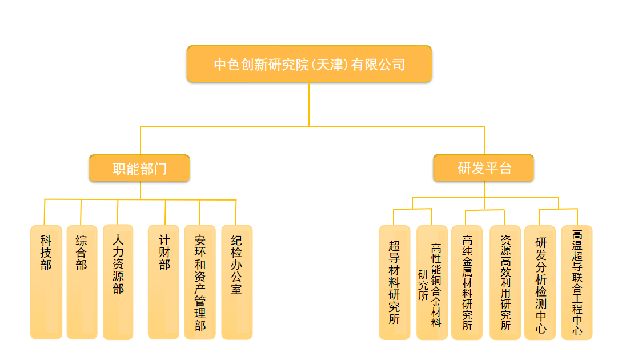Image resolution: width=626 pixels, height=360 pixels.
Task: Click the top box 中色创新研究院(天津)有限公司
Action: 309,64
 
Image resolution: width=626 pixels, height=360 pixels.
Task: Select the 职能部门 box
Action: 139,169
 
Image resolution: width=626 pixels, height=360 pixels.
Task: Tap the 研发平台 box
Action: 484,169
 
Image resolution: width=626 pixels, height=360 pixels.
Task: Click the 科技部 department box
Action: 46,282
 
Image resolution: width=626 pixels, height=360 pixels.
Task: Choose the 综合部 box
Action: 82,282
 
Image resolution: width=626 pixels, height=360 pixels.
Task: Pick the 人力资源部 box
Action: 118,282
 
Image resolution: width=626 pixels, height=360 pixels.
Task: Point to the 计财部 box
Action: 164,282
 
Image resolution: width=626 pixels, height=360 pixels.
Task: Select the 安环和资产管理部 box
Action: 200,282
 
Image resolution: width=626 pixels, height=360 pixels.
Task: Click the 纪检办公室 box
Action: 236,282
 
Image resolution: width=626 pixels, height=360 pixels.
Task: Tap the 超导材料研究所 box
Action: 394,282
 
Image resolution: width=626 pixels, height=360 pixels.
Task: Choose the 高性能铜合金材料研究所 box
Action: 432,282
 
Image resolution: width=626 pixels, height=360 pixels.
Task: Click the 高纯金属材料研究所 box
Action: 467,282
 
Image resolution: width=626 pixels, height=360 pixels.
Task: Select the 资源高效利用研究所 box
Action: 505,282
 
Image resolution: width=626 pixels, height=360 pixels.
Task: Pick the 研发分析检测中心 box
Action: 540,282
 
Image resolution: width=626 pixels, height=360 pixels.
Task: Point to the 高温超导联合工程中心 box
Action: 577,282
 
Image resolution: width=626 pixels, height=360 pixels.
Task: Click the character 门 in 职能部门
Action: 160,169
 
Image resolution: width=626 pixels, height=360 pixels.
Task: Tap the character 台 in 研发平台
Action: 505,169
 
